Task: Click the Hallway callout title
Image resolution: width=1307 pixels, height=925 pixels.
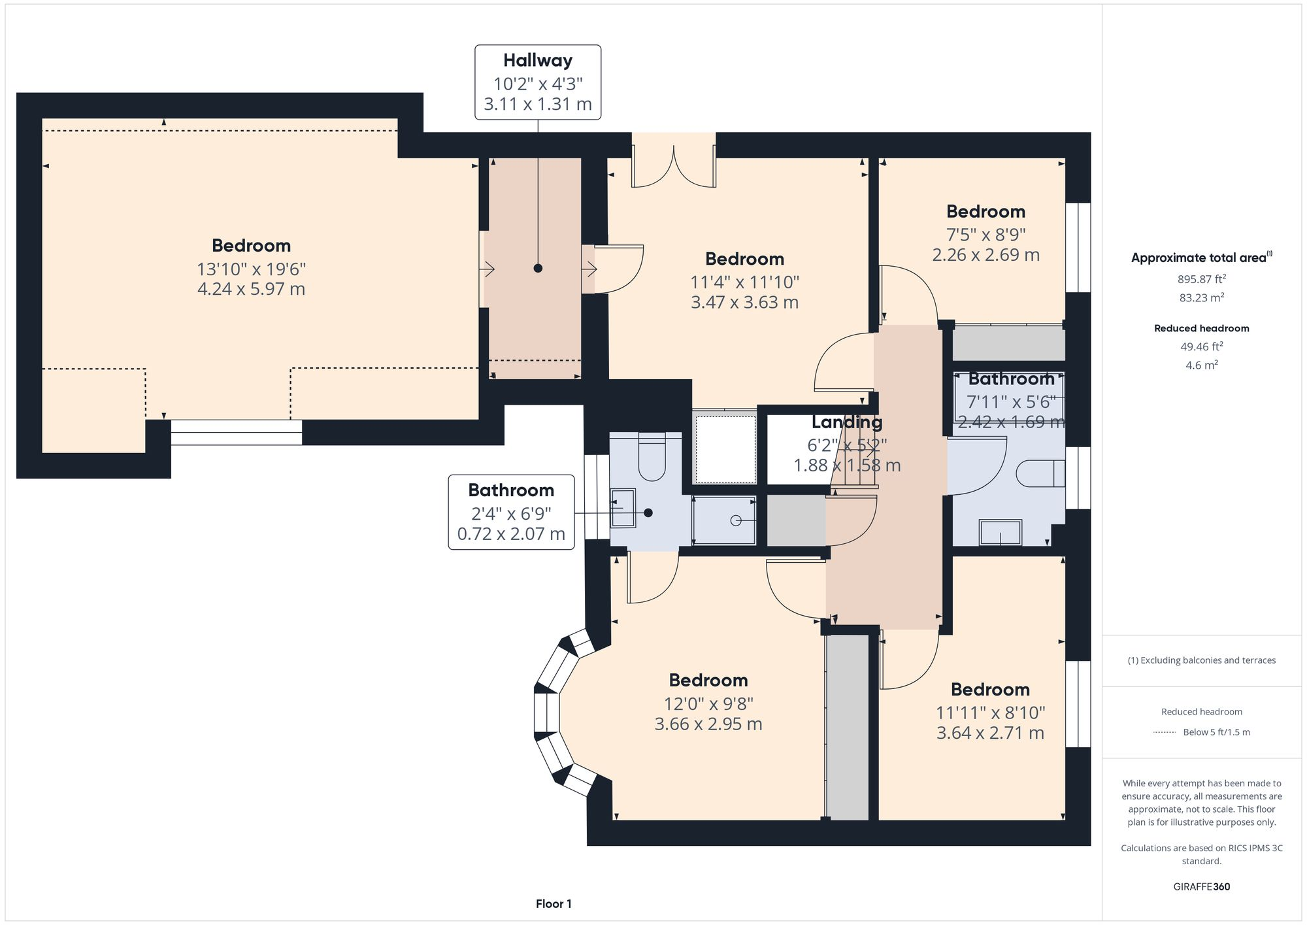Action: coord(538,61)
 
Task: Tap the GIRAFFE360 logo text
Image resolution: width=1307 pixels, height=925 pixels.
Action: coord(1202,887)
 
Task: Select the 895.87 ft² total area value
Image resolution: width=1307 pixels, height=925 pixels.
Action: coord(1202,279)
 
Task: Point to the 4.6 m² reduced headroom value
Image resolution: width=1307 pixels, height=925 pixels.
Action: coord(1202,365)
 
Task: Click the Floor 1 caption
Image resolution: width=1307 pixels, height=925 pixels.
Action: coord(554,904)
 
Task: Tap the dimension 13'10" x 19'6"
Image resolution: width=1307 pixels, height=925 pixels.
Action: coord(252,269)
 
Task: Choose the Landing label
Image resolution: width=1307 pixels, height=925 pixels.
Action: coord(847,422)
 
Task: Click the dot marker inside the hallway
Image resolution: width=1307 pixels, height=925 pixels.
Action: coord(538,268)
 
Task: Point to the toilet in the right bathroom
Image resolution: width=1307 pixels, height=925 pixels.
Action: coord(1040,473)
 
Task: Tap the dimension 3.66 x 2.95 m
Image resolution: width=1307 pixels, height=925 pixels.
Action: coord(708,724)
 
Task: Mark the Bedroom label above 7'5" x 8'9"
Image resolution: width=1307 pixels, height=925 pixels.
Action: coord(985,212)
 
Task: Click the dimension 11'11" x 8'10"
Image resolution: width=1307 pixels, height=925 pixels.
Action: coord(991,713)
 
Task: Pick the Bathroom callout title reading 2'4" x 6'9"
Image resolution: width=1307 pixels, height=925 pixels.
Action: coord(511,490)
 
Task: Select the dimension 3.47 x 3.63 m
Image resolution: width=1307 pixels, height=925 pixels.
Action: coord(745,303)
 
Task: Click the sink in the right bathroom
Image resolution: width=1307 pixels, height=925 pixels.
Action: coord(1000,532)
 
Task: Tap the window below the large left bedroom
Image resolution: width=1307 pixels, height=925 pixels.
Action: coord(237,432)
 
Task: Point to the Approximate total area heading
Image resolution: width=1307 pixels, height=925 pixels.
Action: coord(1202,258)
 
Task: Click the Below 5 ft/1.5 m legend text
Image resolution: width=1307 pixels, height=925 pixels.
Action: coord(1216,732)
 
